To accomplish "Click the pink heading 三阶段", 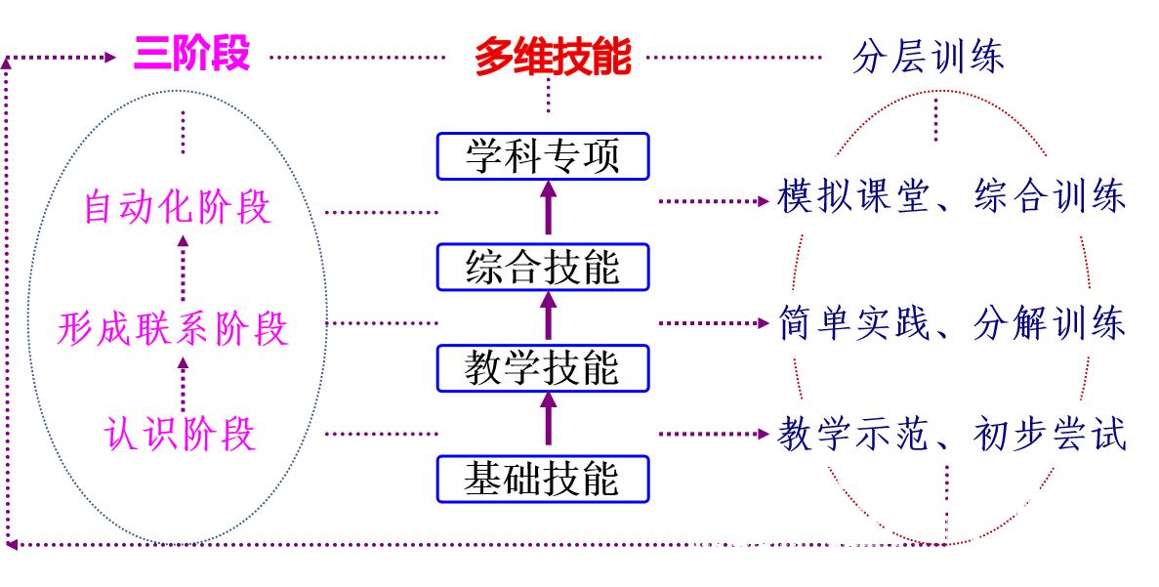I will (x=192, y=54).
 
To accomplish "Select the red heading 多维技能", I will (x=553, y=58).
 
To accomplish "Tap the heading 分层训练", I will (x=928, y=57).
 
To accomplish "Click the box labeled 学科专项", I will (x=543, y=156).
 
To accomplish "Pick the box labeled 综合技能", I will (x=543, y=267).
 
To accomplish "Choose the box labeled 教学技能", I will (x=543, y=368).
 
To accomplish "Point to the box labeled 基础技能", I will (x=543, y=479).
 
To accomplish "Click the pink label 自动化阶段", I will (x=177, y=208).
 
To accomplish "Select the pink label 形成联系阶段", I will (x=173, y=329).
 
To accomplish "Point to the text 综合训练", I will (x=1051, y=196).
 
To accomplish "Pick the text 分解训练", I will (x=1051, y=323).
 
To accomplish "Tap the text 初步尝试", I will (x=1051, y=433).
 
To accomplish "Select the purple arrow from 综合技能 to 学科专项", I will (x=547, y=209).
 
